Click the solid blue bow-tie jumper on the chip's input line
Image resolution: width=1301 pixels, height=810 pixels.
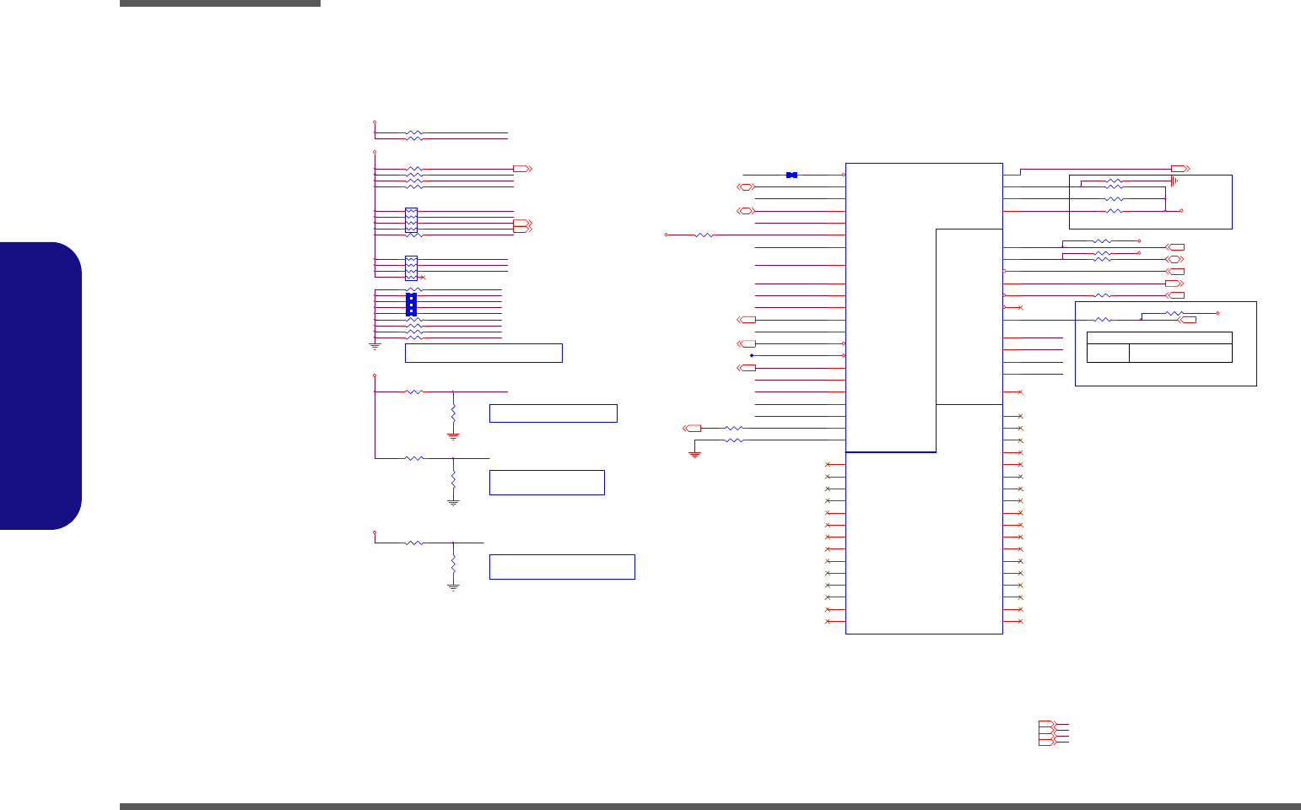click(x=791, y=175)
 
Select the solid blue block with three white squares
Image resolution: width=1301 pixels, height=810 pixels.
click(x=411, y=304)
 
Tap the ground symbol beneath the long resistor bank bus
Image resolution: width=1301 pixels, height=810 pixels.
click(x=375, y=345)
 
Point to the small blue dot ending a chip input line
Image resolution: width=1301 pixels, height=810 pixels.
click(x=751, y=355)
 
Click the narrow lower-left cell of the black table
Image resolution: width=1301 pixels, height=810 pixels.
click(x=1108, y=353)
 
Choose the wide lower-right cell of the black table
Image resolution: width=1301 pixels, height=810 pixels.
click(x=1180, y=353)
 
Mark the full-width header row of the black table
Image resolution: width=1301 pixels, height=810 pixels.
click(x=1159, y=337)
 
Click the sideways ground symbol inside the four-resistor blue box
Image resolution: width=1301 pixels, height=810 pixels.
click(x=1174, y=181)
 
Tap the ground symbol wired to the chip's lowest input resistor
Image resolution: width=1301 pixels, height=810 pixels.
click(x=694, y=454)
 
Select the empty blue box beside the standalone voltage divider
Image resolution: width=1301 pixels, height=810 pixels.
click(x=562, y=567)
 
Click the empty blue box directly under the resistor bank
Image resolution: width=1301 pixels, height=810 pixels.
click(x=483, y=353)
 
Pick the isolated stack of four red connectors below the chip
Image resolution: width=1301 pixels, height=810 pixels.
click(x=1046, y=732)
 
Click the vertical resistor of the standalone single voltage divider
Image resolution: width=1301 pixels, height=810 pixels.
click(x=454, y=563)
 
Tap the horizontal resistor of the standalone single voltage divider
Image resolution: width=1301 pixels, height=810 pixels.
click(x=413, y=543)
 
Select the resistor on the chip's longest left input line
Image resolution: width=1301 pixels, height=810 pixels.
click(x=704, y=235)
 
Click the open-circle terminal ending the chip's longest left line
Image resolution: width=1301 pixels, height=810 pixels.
click(x=666, y=235)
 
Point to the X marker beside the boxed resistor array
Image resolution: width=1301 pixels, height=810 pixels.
click(x=423, y=278)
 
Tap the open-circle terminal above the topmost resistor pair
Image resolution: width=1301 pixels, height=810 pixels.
click(x=375, y=122)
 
